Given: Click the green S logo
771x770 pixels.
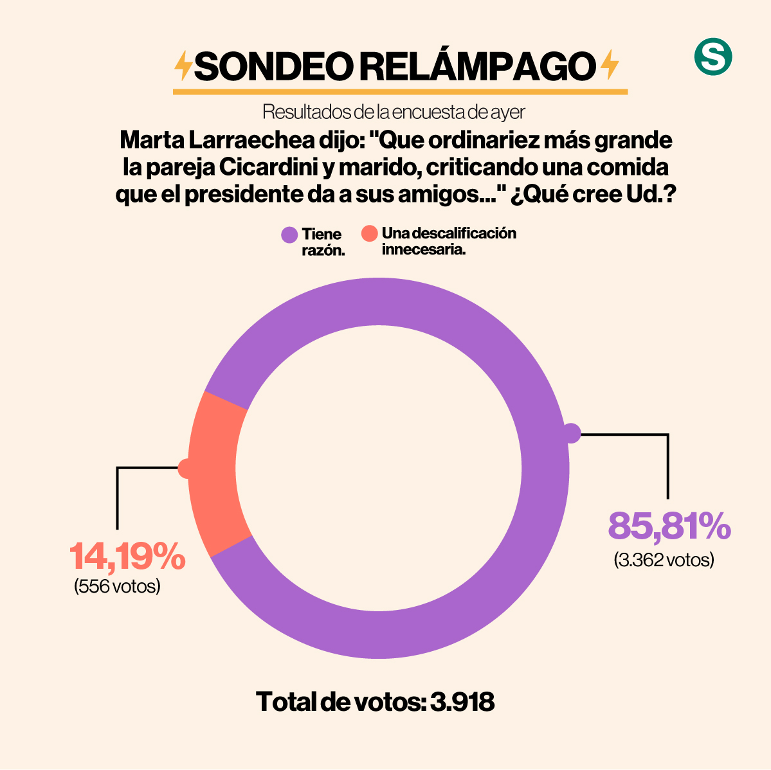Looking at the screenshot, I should point(713,57).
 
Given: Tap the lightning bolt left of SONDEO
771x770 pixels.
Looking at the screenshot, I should point(183,65).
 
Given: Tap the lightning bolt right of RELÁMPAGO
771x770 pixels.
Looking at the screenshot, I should point(608,65).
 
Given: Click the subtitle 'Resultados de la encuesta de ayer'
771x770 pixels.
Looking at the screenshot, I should point(394,112).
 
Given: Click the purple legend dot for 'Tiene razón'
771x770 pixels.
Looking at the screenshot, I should point(289,235).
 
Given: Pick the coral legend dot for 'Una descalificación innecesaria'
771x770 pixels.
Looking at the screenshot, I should point(369,233).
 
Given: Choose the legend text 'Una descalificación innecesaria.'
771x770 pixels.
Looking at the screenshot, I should point(448,241).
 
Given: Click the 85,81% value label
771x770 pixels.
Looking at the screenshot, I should point(669,526).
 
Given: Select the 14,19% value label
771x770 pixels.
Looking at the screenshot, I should point(127,556).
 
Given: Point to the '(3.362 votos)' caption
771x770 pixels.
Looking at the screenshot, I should point(664,560).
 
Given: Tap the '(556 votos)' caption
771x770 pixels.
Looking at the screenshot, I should point(117,586).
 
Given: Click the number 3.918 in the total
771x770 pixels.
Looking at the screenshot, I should point(462,702).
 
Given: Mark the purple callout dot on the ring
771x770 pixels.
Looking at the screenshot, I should point(571,434).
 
